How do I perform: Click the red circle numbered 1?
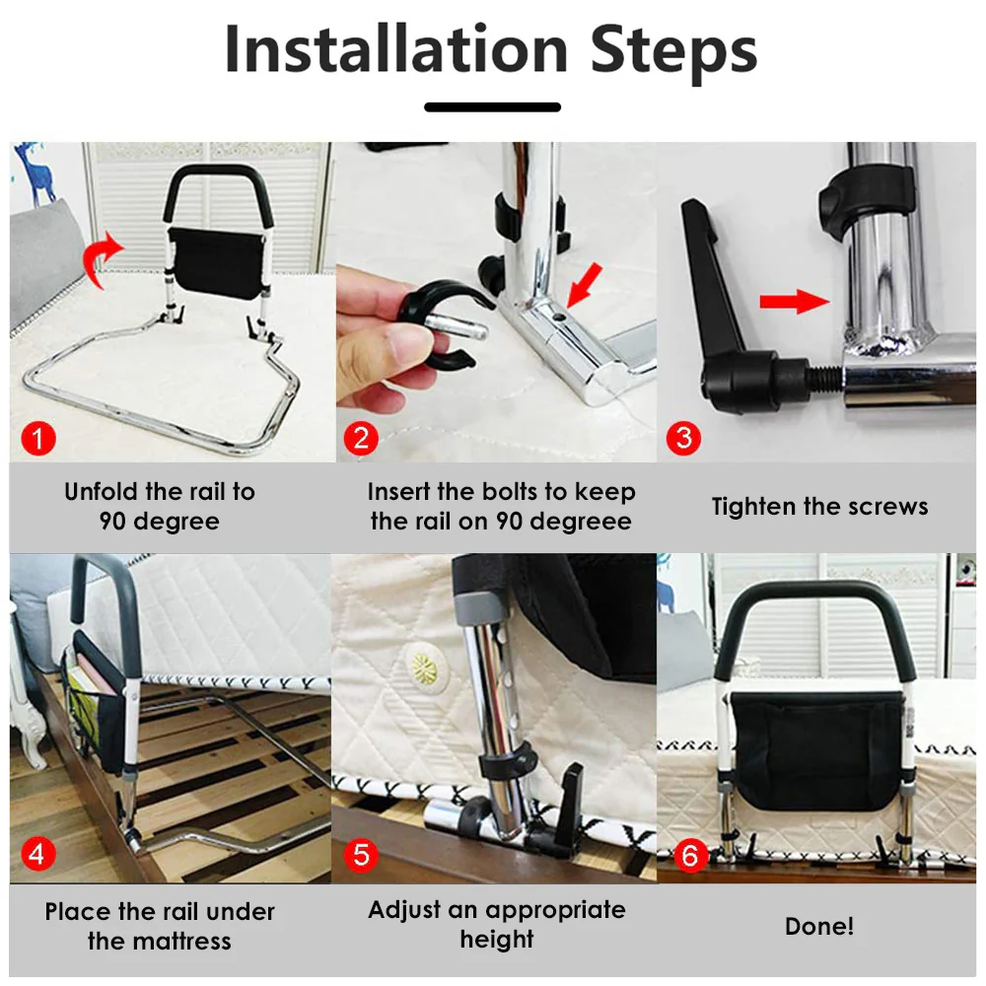(38, 438)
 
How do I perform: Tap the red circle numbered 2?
(361, 438)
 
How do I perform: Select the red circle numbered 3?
(683, 438)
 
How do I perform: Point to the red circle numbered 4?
(37, 854)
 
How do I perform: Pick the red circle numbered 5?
(361, 854)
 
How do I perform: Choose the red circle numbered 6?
(690, 855)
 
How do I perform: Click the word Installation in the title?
(396, 49)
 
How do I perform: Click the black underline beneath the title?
(492, 106)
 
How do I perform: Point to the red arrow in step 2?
(584, 285)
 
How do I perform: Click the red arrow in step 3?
(794, 301)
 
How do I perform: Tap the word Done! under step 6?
(819, 926)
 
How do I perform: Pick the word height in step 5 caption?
(497, 940)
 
